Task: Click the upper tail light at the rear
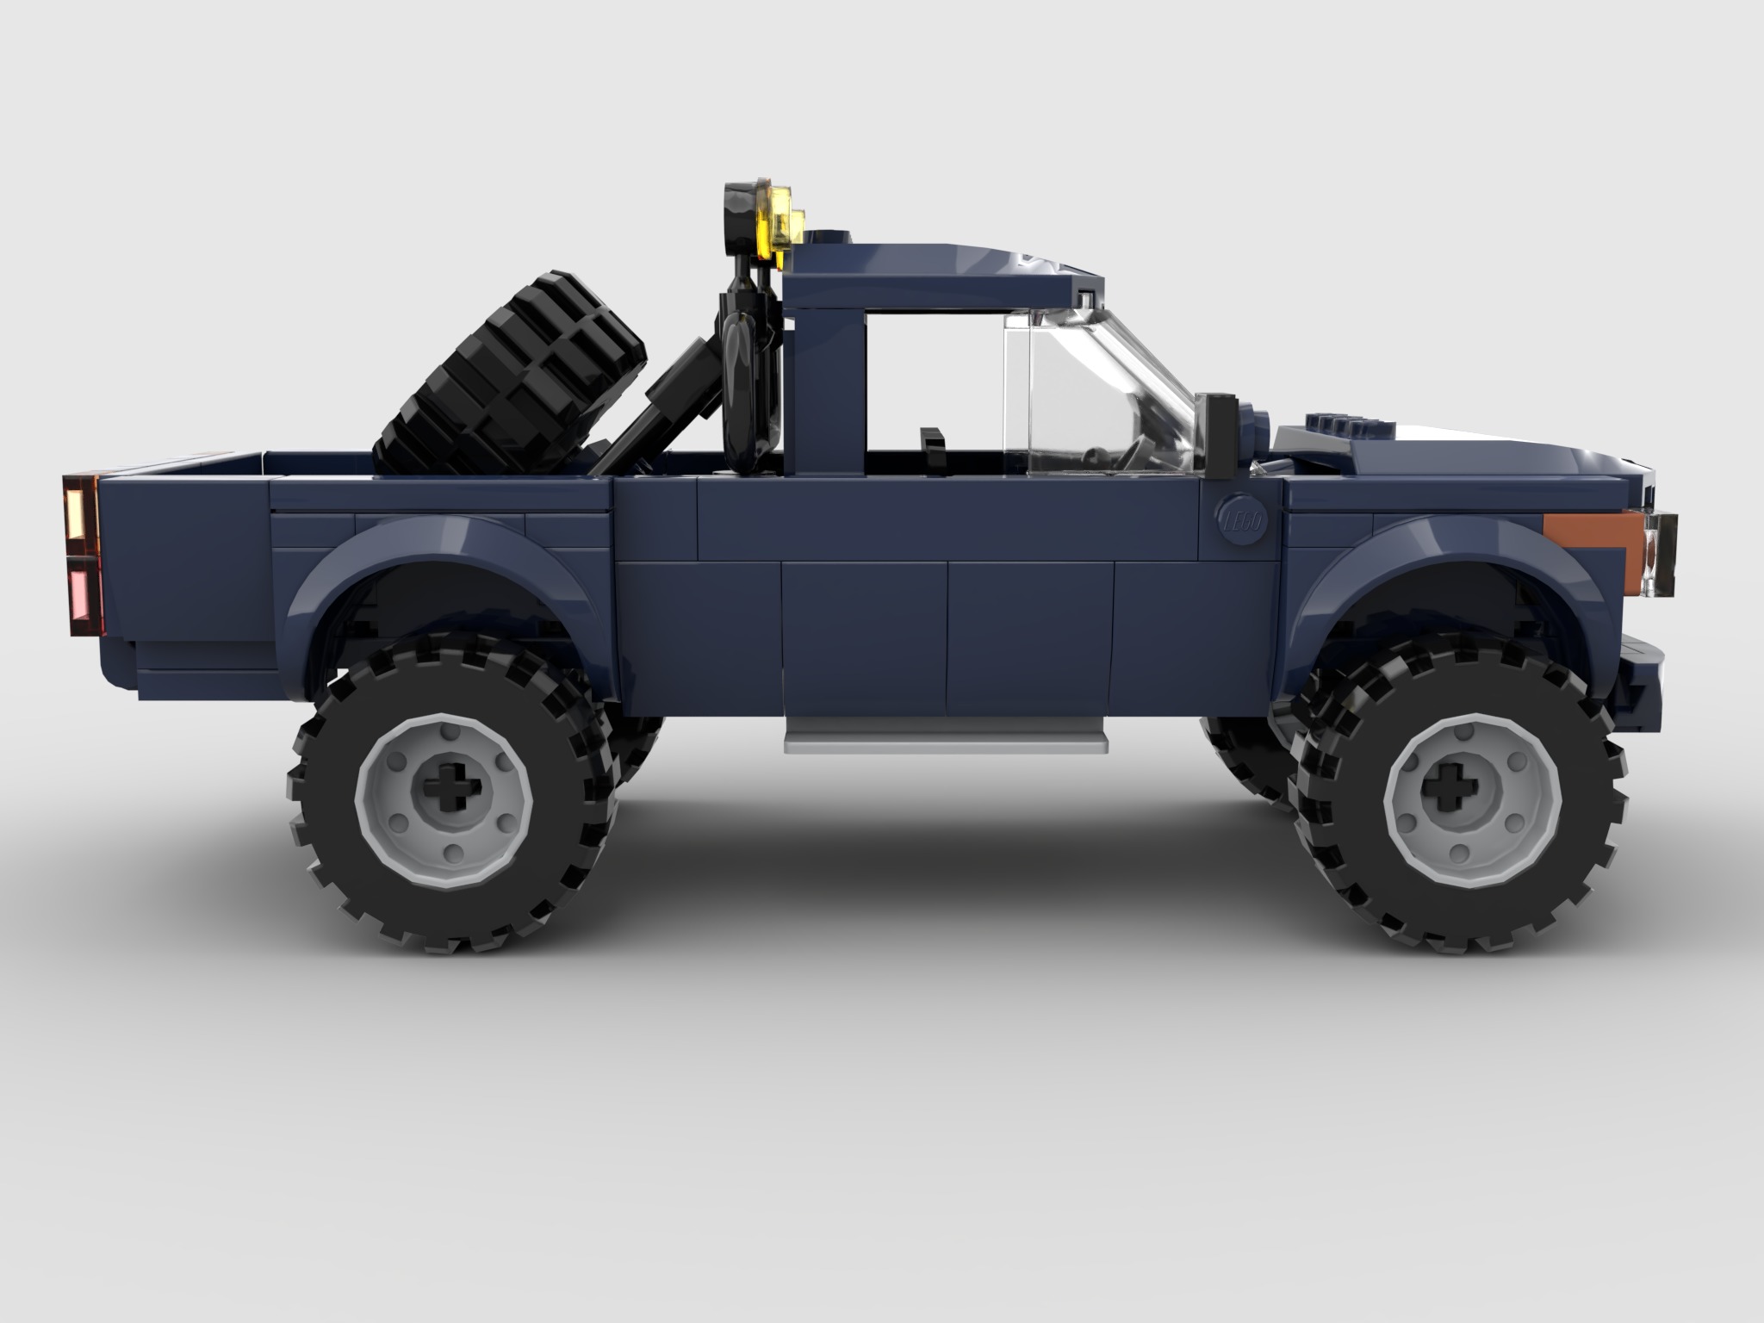83,512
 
